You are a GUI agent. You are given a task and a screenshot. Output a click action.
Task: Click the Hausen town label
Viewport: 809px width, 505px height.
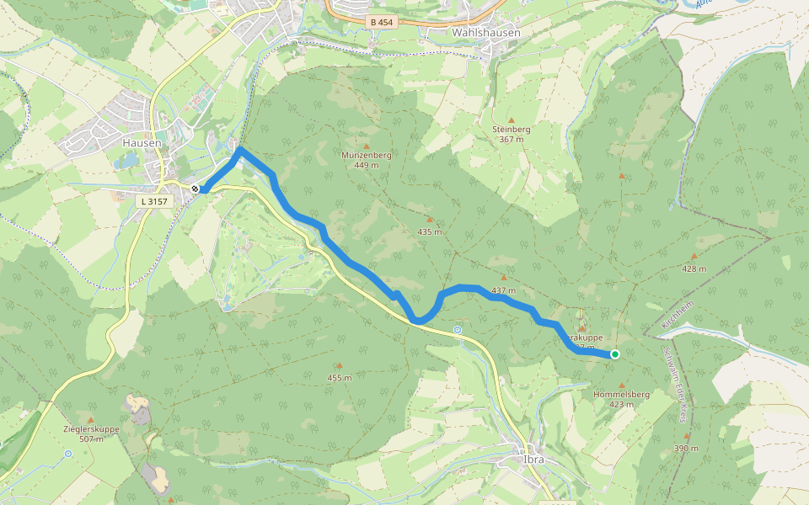click(x=141, y=143)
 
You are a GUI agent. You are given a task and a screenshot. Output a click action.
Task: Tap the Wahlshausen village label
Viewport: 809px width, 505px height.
click(x=486, y=33)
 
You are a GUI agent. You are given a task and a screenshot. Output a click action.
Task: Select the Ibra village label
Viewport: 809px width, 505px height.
click(x=533, y=460)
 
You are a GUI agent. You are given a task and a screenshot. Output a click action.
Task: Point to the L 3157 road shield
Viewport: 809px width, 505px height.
click(x=153, y=201)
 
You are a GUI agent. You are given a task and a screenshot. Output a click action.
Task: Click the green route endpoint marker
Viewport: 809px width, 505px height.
click(x=615, y=354)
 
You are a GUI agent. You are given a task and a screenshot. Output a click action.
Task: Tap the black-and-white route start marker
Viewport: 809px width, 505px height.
click(x=196, y=189)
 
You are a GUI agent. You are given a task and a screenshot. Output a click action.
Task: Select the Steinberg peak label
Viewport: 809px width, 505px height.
click(x=511, y=129)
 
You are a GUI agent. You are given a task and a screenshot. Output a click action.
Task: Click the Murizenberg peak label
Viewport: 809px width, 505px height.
click(x=366, y=156)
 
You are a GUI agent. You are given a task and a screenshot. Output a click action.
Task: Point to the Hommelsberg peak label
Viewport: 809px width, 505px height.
click(x=621, y=394)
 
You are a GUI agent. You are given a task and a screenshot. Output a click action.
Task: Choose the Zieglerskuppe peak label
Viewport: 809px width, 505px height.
click(x=91, y=429)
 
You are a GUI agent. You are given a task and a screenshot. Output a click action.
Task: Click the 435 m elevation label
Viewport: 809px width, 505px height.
click(x=429, y=231)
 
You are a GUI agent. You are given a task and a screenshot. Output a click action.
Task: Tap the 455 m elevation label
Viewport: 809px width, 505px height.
click(x=339, y=378)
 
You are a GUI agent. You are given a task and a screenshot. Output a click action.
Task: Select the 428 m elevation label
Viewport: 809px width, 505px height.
click(x=694, y=268)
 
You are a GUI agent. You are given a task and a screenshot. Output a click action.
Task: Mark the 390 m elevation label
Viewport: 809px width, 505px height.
click(x=686, y=449)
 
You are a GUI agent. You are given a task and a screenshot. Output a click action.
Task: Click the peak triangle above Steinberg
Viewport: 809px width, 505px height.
click(x=511, y=120)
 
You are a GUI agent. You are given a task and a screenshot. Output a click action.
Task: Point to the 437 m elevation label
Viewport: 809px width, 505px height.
click(x=503, y=290)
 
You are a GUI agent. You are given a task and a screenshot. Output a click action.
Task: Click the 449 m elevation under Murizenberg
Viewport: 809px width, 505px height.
click(x=366, y=165)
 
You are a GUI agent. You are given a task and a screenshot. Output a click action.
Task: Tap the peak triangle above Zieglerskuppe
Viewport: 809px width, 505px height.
click(x=91, y=419)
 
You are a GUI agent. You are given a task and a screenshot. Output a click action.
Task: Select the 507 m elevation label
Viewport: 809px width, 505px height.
click(x=91, y=439)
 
